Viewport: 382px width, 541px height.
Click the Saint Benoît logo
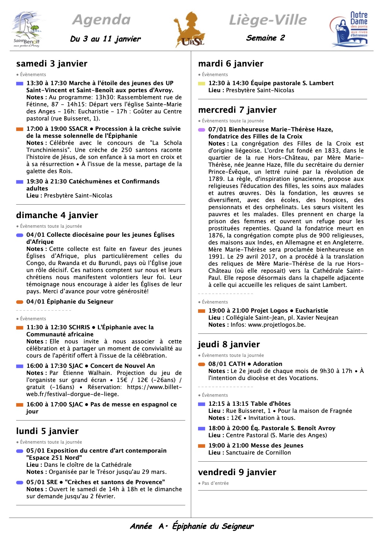coord(27,30)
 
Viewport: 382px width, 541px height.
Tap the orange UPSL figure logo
coord(190,30)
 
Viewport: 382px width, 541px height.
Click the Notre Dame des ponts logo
coord(349,30)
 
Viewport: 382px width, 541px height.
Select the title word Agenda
coord(101,20)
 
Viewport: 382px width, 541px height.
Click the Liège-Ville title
coord(268,20)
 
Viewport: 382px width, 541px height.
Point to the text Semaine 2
coord(265,38)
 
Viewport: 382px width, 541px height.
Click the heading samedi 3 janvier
coord(52,64)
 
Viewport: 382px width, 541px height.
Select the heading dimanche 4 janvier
coord(57,215)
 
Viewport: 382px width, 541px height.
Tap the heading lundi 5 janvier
coord(47,431)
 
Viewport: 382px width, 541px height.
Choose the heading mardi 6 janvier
coord(231,64)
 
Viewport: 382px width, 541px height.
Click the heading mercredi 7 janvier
coord(237,110)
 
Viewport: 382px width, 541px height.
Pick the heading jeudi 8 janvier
coord(229,344)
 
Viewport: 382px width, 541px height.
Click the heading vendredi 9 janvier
coord(237,472)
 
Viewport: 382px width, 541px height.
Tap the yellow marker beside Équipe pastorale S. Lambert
coord(202,84)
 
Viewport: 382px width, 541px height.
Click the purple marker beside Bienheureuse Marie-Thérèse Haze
coord(202,130)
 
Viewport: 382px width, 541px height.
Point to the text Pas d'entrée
coord(215,483)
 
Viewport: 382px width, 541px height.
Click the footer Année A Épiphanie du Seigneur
coord(192,526)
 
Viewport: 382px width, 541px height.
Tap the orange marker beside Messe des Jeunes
coord(202,446)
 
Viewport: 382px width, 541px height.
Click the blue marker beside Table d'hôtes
coord(202,404)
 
